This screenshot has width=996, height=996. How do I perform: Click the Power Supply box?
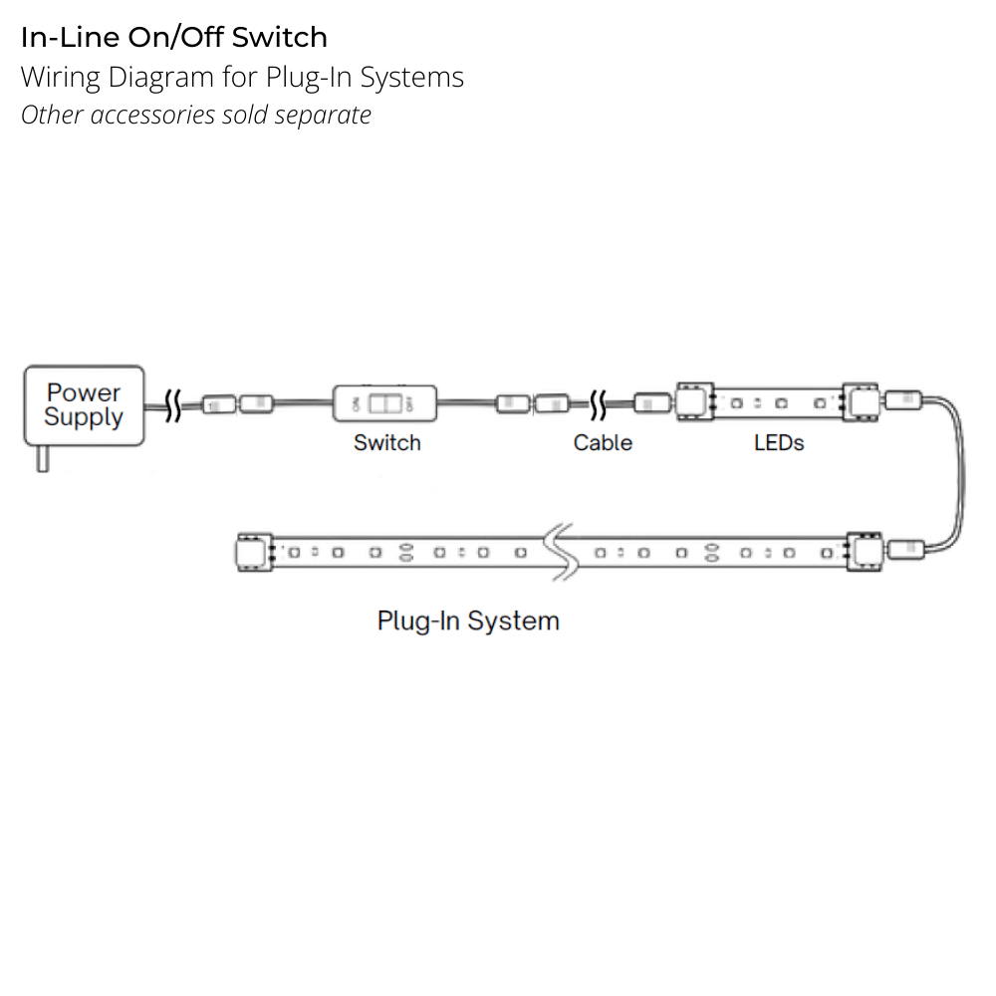pos(84,404)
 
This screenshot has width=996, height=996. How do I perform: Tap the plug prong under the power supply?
pos(42,458)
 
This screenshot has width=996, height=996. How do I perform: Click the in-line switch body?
pos(384,403)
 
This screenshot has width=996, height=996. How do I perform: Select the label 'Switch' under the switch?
pos(386,442)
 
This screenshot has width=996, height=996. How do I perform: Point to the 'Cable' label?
pos(603,442)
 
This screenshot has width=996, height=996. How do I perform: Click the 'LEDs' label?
pos(779,442)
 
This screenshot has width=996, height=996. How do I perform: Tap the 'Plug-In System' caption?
pos(468,621)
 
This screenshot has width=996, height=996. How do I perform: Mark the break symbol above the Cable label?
pos(599,404)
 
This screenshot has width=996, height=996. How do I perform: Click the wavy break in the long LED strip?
pos(560,550)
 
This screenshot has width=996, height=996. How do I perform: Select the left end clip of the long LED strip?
pos(253,552)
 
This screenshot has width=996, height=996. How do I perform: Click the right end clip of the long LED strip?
pos(863,551)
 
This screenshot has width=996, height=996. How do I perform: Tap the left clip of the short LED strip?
pos(695,401)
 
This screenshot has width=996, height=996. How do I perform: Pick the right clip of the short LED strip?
pos(860,401)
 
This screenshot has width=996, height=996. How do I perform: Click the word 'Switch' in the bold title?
pos(279,38)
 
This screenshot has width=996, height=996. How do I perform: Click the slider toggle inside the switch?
pos(382,403)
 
